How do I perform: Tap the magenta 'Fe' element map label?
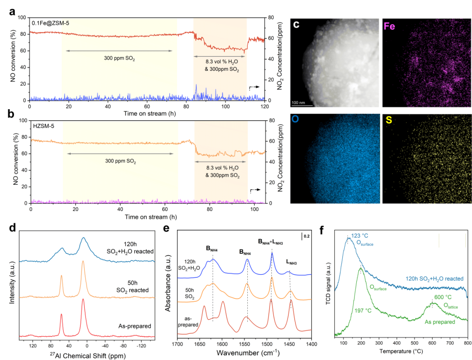tap(390, 26)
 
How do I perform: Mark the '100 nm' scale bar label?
tap(299, 102)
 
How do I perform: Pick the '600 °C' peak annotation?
tap(441, 298)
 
